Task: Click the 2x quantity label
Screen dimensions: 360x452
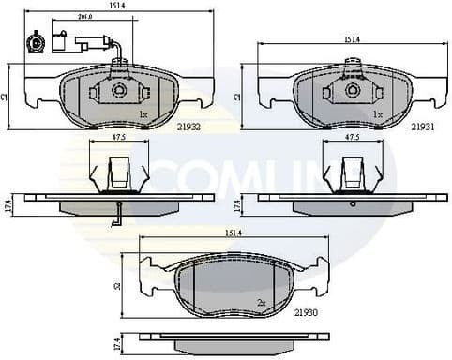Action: (x=260, y=303)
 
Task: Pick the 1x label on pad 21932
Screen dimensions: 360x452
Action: (x=143, y=114)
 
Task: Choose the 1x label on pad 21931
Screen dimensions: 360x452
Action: (x=377, y=114)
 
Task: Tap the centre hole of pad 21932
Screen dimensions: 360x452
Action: (x=119, y=90)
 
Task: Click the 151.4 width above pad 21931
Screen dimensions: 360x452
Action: (x=352, y=39)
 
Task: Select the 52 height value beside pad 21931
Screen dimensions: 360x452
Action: (x=239, y=96)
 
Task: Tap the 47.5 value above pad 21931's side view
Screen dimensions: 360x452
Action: (x=352, y=138)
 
